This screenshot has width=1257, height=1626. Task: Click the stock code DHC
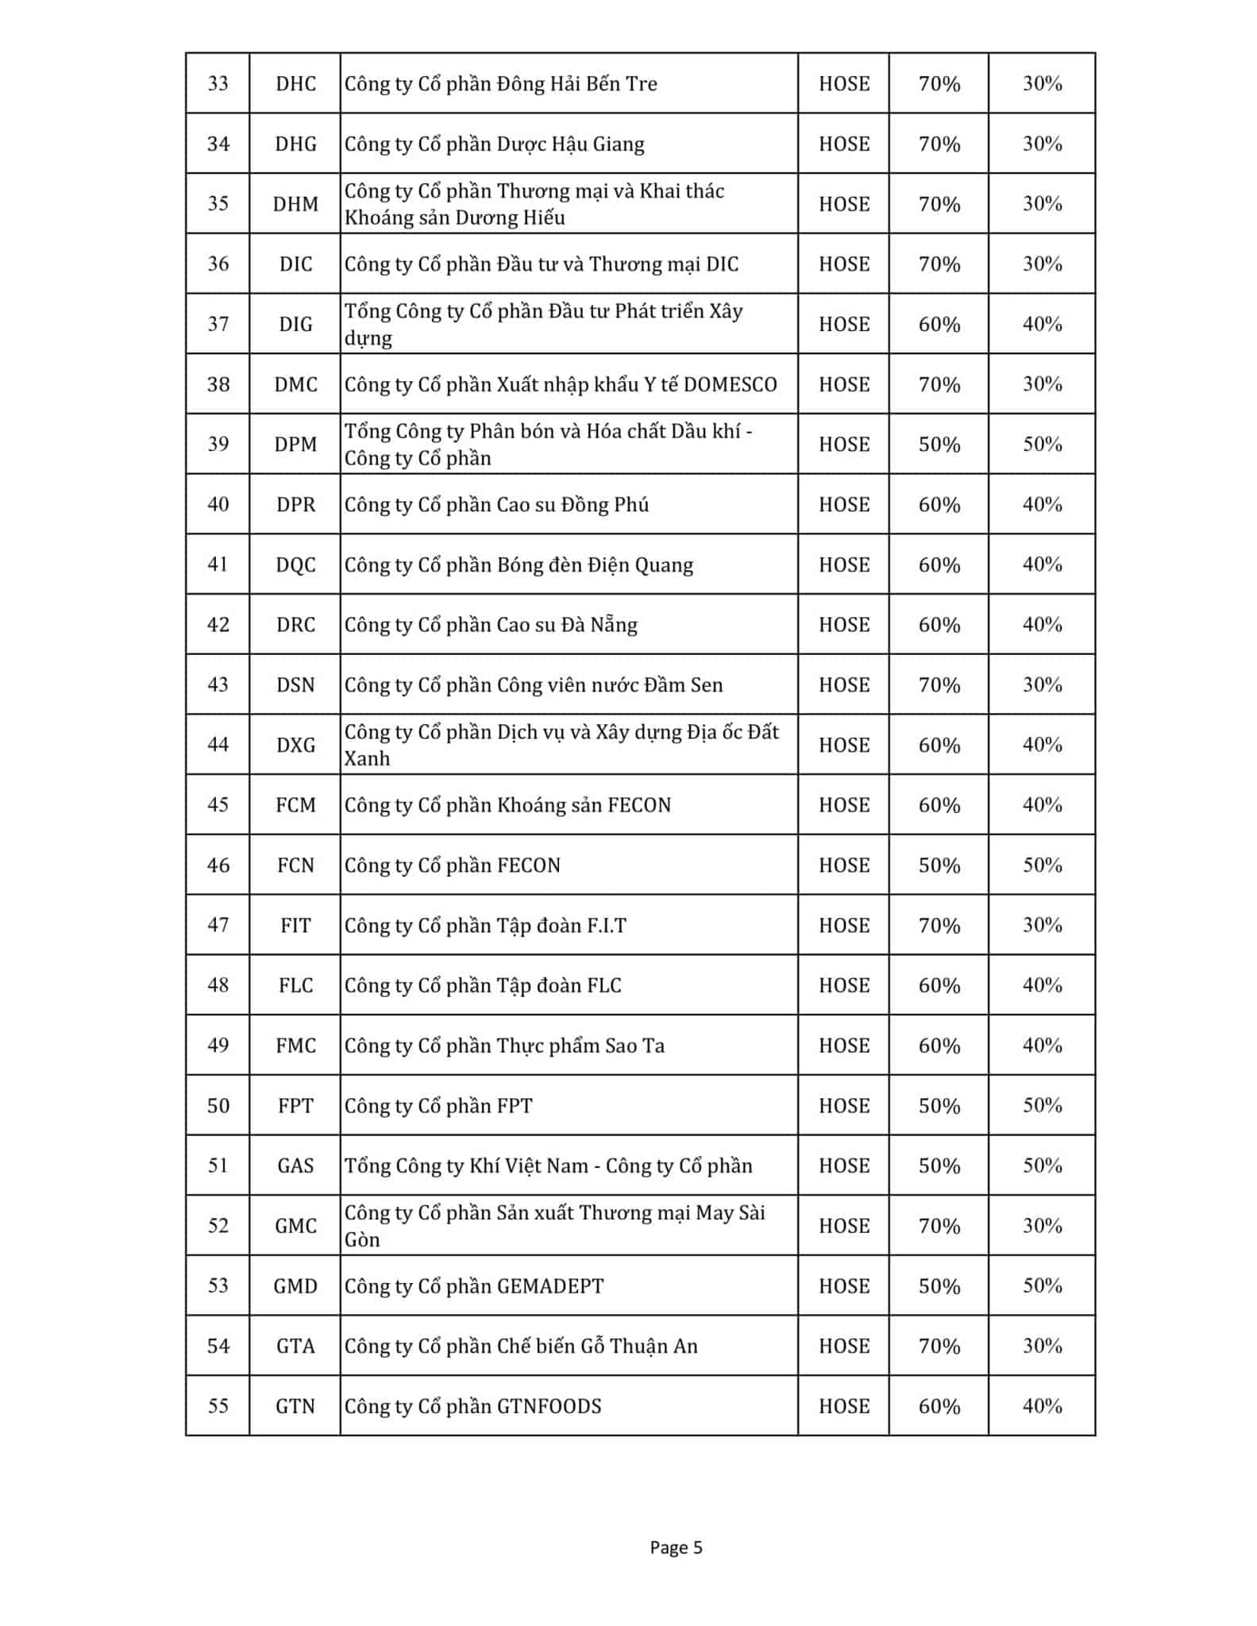click(295, 84)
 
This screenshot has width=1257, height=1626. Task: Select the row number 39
click(218, 444)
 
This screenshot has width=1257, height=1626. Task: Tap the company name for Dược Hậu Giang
click(494, 144)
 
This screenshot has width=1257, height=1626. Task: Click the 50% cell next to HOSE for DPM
click(939, 445)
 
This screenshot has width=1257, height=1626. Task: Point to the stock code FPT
click(295, 1106)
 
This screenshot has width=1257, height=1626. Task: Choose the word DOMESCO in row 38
click(730, 385)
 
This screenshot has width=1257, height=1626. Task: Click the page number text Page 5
click(676, 1547)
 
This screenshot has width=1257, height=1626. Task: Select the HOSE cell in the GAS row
click(844, 1166)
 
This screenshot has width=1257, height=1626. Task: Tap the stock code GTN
click(295, 1407)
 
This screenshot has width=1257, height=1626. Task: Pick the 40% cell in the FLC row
click(1042, 985)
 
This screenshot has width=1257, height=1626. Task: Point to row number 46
click(218, 865)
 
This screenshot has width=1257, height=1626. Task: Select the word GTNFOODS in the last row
click(549, 1407)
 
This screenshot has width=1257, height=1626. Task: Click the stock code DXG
click(295, 746)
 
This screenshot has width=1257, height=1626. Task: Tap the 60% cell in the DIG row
click(939, 325)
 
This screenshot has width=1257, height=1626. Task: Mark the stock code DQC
click(295, 565)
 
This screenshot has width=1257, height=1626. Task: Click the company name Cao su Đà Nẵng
click(491, 626)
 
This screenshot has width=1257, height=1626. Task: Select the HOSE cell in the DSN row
click(844, 685)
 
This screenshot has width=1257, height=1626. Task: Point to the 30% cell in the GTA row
click(1042, 1347)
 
